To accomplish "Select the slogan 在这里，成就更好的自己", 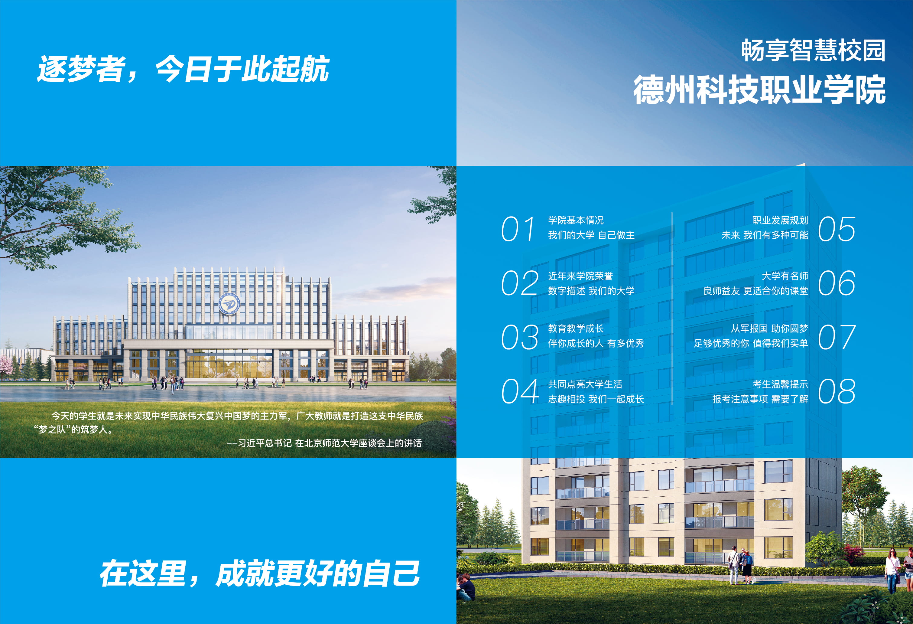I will pyautogui.click(x=259, y=574).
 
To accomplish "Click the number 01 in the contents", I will pyautogui.click(x=518, y=229).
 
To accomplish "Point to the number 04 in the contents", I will pyautogui.click(x=519, y=391).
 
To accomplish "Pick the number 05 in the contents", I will pyautogui.click(x=837, y=229).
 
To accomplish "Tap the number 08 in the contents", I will pyautogui.click(x=837, y=391).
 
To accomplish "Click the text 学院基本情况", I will pyautogui.click(x=576, y=221).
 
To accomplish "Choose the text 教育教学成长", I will pyautogui.click(x=576, y=328).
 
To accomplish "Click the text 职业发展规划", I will pyautogui.click(x=780, y=221).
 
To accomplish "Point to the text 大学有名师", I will pyautogui.click(x=785, y=276).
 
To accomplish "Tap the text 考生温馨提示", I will pyautogui.click(x=780, y=384).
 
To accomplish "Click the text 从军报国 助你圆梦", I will pyautogui.click(x=769, y=328).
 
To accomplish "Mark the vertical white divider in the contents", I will pyautogui.click(x=672, y=309).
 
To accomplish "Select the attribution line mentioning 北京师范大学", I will pyautogui.click(x=324, y=443).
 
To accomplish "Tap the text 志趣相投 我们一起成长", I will pyautogui.click(x=596, y=399).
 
